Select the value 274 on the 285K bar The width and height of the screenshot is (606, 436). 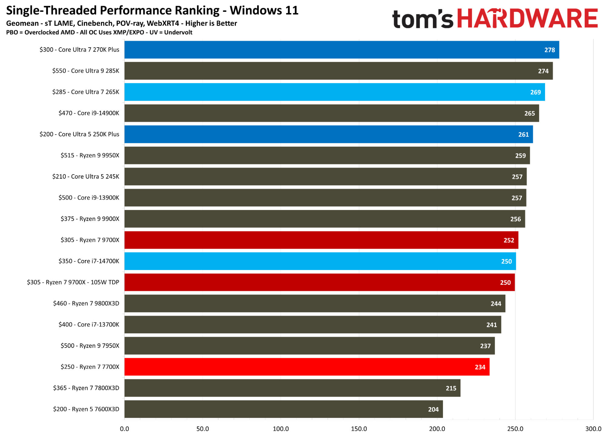543,71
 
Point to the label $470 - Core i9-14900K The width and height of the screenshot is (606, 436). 89,113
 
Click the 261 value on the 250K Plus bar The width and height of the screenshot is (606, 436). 523,135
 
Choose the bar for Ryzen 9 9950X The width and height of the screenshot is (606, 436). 327,155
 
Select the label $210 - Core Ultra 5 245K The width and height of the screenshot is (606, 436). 85,176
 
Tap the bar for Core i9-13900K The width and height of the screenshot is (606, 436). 325,198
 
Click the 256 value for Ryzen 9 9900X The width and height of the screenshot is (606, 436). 515,219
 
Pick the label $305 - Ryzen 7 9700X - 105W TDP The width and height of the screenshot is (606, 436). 73,282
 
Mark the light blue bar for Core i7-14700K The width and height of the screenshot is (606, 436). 320,261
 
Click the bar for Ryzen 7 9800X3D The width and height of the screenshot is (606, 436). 315,303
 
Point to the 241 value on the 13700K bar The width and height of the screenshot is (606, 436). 491,325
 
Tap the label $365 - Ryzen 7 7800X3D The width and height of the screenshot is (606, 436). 86,388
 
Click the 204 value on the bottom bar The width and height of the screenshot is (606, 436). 433,409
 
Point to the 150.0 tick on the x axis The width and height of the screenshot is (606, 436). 359,429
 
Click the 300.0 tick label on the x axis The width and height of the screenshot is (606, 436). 593,429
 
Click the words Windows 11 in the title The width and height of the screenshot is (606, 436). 264,10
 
